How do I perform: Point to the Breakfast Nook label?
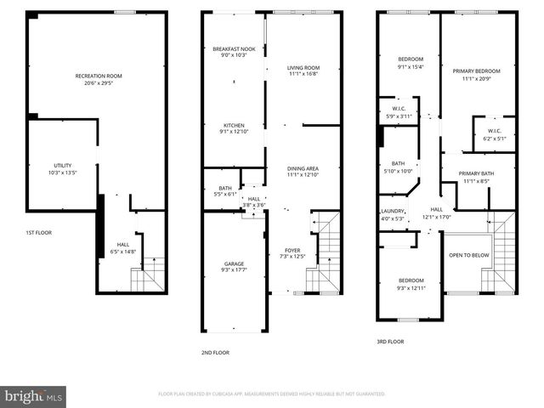click(234, 49)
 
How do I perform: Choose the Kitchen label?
click(234, 125)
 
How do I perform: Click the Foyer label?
click(292, 250)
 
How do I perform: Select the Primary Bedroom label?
click(476, 71)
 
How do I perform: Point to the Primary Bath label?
click(476, 173)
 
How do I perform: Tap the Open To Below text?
click(468, 254)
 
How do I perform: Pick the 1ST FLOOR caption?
click(38, 231)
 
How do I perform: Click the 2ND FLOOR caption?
click(215, 351)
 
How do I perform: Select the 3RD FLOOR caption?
click(389, 341)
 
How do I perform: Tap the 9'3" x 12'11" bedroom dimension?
click(411, 287)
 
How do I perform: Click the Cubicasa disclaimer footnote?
click(272, 394)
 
